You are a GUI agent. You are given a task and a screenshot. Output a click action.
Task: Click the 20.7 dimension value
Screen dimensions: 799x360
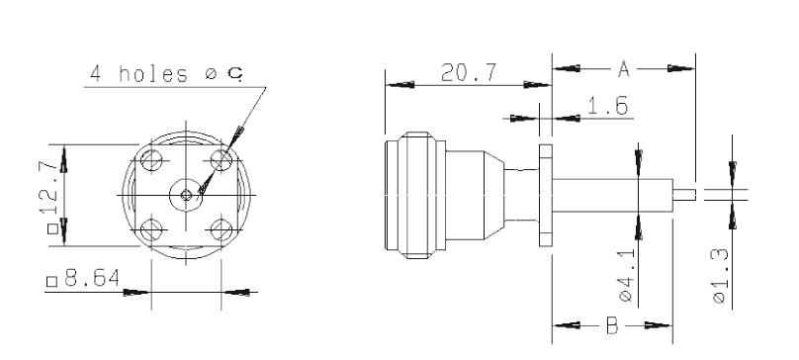click(x=469, y=72)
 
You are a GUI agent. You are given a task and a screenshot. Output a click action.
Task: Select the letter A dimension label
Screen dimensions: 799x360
click(x=624, y=68)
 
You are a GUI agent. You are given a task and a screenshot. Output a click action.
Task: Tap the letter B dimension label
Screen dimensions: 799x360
click(x=612, y=325)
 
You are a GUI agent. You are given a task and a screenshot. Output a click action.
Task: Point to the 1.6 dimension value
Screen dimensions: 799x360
click(x=608, y=106)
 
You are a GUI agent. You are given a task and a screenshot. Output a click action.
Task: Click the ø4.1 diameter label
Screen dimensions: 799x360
click(x=626, y=275)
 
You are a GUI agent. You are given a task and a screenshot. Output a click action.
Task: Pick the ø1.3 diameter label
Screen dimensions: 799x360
click(x=720, y=276)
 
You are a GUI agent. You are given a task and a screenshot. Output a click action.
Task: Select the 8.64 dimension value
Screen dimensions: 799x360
click(x=92, y=279)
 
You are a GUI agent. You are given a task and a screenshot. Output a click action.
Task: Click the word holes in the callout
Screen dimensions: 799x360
click(x=153, y=74)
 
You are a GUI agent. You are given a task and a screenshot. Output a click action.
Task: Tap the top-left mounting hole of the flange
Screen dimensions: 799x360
click(x=151, y=160)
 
